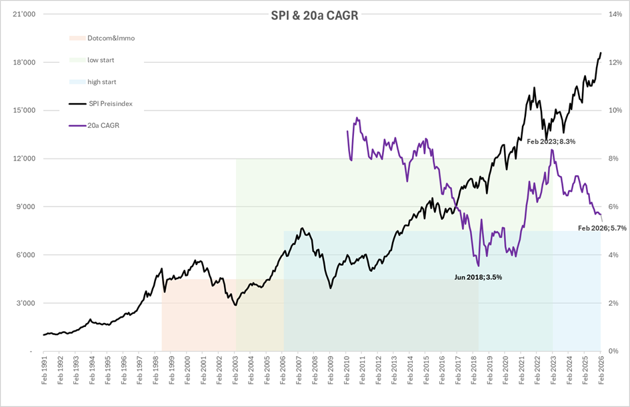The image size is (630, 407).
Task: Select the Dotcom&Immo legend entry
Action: tap(111, 38)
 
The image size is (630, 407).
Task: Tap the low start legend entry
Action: tap(101, 60)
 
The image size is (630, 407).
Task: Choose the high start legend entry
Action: tap(101, 82)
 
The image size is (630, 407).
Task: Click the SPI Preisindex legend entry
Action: tap(112, 104)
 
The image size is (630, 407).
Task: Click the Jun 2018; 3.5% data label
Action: tap(477, 276)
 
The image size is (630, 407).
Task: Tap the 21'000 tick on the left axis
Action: tap(23, 15)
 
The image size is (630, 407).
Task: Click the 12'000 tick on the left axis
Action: tap(23, 159)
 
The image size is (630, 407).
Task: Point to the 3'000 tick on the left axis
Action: tap(25, 303)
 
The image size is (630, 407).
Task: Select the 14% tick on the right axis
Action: tap(615, 15)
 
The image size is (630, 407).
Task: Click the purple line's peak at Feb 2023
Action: tap(552, 150)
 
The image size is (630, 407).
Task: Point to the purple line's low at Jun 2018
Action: tap(478, 266)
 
